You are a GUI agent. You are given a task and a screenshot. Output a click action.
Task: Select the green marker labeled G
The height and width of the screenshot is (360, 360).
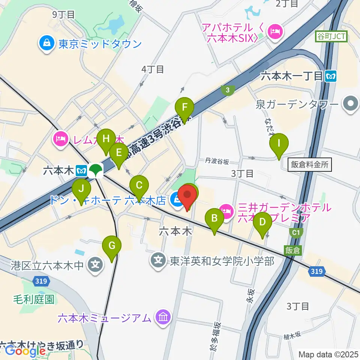pyautogui.click(x=112, y=246)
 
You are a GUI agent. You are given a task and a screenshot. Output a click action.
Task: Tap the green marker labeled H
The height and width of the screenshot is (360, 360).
pyautogui.click(x=106, y=139)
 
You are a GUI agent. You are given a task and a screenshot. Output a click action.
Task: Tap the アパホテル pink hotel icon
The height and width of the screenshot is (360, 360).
pyautogui.click(x=276, y=31)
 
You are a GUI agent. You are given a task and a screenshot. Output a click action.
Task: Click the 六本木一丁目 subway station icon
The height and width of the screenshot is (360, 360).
pyautogui.click(x=331, y=76)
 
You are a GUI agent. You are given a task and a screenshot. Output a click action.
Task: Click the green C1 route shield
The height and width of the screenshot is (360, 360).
pyautogui.click(x=296, y=233)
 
